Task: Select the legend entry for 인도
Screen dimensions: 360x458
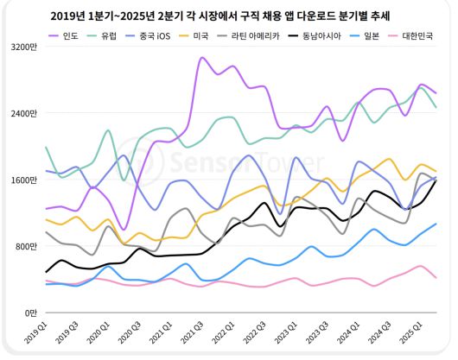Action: coord(73,35)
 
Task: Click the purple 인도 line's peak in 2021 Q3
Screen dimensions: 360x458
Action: coord(201,58)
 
